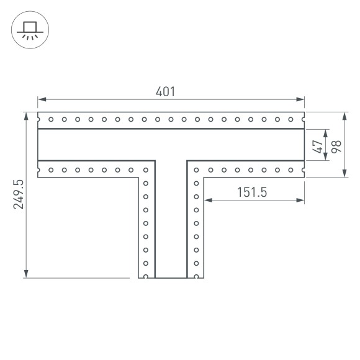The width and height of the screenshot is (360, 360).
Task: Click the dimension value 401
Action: [x=165, y=91]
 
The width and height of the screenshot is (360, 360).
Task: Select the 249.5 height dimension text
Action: [x=18, y=194]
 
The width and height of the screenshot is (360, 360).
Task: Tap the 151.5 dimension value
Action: [x=251, y=192]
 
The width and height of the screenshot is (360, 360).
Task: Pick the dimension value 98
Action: [x=336, y=146]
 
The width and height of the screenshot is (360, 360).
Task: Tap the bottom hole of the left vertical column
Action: [x=146, y=276]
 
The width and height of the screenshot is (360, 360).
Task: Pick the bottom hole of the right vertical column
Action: [x=196, y=276]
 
